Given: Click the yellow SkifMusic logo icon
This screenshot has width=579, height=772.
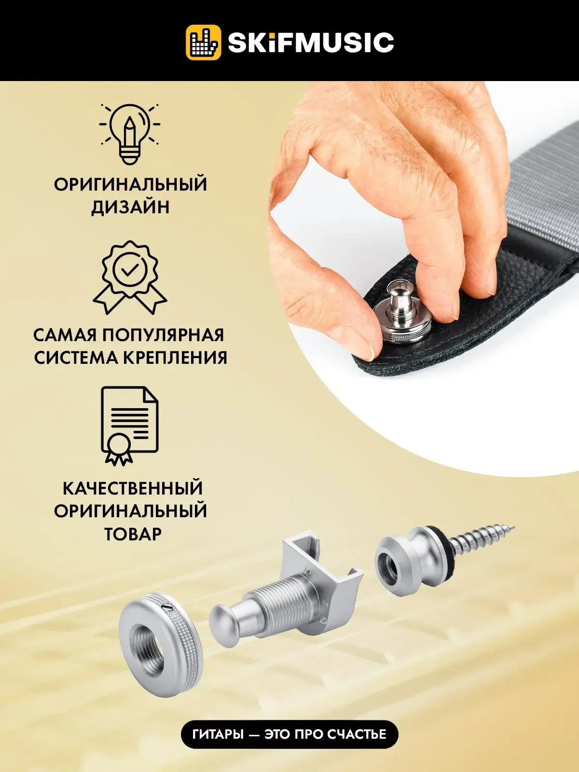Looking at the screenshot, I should click(x=203, y=42).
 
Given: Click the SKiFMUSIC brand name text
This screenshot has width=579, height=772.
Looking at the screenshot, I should click(x=311, y=42).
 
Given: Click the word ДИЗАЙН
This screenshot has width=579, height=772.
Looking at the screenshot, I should click(x=130, y=207).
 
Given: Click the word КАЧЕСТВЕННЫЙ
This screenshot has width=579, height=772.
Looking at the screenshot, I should click(x=132, y=488).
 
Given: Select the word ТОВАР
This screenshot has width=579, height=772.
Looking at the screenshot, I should click(x=132, y=534).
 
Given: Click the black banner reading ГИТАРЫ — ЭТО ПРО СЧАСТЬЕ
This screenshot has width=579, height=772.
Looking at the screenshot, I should click(x=289, y=734).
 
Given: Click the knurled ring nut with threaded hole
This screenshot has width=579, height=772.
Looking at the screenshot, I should click(x=160, y=640).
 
